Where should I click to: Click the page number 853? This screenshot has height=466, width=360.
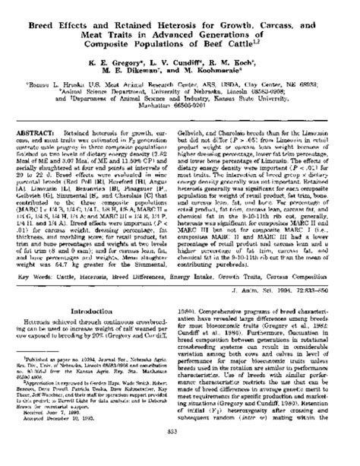(x=180, y=454)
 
